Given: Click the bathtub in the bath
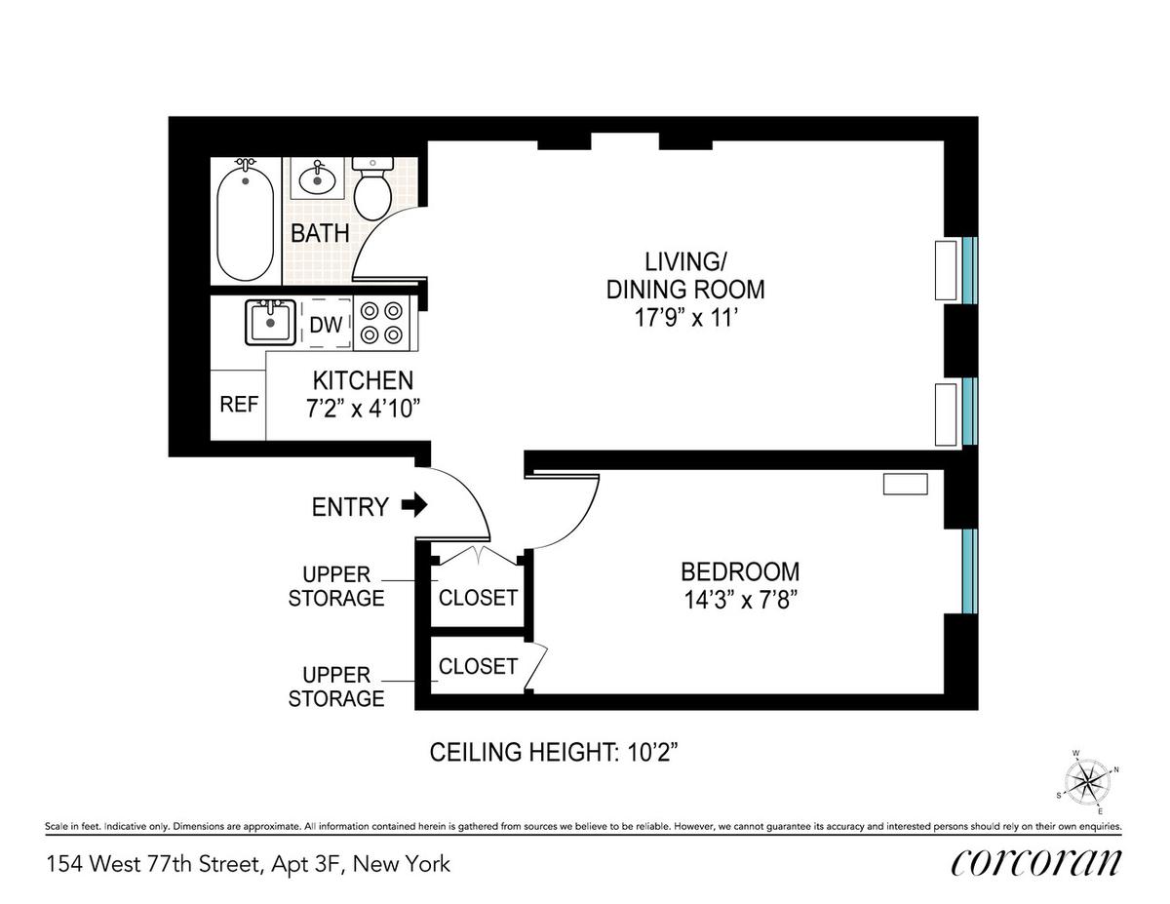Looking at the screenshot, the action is point(245,219).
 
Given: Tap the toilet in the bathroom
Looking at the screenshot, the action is point(372,188).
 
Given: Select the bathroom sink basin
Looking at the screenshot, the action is point(317,179).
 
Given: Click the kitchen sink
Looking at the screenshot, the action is point(270,322).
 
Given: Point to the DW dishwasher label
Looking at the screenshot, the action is point(326,325).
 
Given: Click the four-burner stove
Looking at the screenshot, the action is point(382,323).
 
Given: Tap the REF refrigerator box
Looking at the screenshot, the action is point(238,405).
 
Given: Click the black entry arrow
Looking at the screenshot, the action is point(414,505).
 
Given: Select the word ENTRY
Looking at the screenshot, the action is point(350,507).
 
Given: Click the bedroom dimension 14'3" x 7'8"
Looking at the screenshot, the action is point(740,600).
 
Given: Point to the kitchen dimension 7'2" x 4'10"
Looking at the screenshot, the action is point(363,409).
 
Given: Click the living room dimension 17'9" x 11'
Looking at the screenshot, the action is point(684,318).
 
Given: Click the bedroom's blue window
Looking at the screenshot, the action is point(969,571).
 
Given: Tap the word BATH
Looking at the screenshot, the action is point(320,233).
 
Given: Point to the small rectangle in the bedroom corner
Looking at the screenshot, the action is point(906,484).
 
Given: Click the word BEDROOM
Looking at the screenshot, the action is point(740,571).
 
